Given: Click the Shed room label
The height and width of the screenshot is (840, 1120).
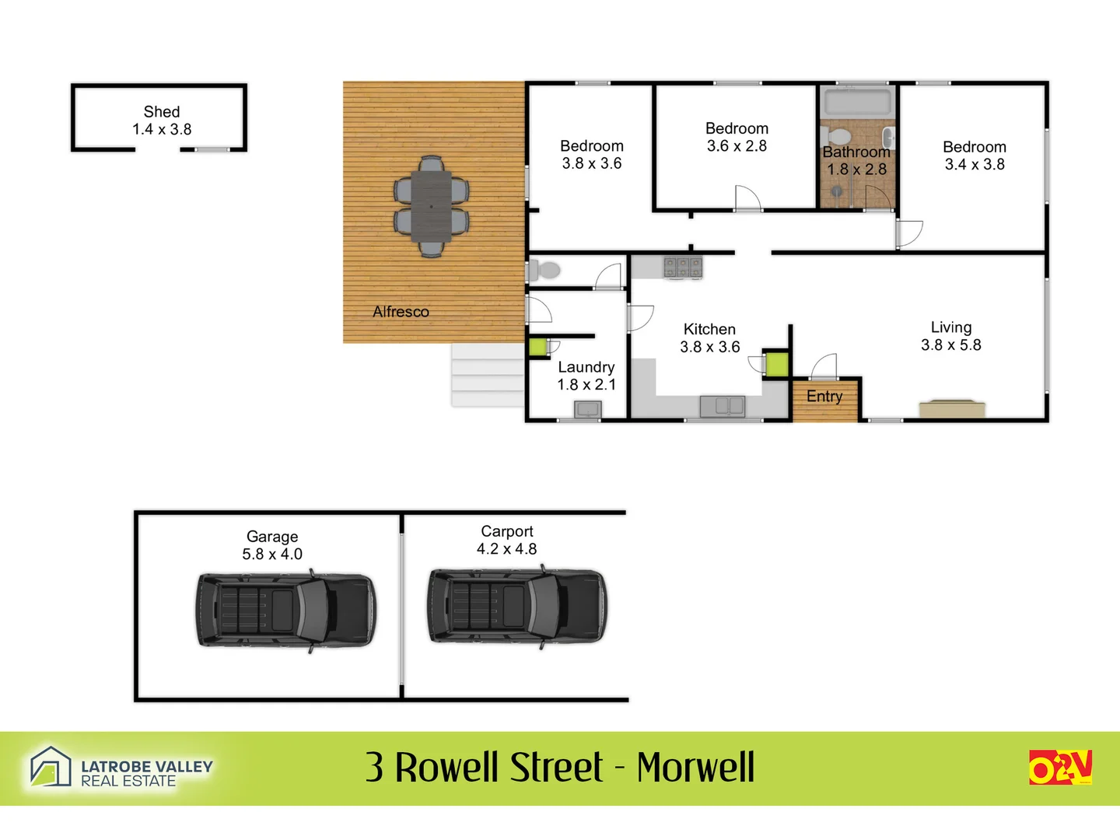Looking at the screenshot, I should [162, 112].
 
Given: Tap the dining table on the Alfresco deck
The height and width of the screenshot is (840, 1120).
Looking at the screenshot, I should [431, 206].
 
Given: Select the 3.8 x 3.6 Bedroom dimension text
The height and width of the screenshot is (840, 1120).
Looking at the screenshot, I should [592, 163].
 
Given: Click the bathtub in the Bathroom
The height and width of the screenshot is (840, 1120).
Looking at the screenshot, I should [857, 102].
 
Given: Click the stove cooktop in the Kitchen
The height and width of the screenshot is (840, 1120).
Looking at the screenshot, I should [682, 268].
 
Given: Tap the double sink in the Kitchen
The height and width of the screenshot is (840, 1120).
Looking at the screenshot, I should [722, 406].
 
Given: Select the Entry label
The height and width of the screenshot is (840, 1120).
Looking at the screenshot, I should [824, 397].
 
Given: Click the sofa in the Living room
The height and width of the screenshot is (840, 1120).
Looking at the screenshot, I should [952, 408].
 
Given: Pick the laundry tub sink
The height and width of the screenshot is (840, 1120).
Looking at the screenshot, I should [587, 409].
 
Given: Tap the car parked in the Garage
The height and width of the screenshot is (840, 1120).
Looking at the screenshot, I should [285, 611].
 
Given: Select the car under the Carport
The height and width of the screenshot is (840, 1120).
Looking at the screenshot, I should [517, 606].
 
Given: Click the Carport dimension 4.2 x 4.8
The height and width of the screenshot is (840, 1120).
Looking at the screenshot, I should [506, 549].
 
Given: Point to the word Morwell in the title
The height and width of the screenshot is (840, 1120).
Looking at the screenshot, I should [695, 768].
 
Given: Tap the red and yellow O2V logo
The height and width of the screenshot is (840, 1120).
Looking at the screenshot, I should [1060, 767].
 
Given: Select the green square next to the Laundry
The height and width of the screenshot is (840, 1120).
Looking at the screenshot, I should [537, 348].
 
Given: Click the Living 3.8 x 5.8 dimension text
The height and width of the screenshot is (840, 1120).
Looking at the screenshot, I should [950, 345].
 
